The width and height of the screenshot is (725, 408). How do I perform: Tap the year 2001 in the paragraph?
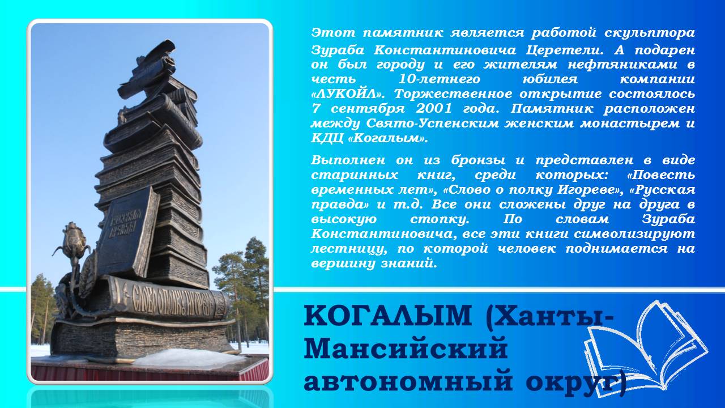(x=433, y=108)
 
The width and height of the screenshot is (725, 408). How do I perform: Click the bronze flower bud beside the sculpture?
(x=75, y=240)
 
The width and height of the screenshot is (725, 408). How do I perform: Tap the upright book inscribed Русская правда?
(x=128, y=232)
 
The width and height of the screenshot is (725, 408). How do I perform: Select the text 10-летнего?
(x=439, y=79)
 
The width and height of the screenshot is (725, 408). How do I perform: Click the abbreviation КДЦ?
(x=327, y=139)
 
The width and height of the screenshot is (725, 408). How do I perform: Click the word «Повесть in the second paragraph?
(x=661, y=175)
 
